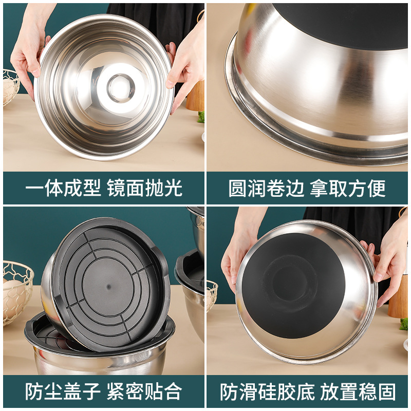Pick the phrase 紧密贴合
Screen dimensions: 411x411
pyautogui.click(x=145, y=392)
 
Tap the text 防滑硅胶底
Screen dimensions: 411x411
pyautogui.click(x=266, y=392)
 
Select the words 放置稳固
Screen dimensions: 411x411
pyautogui.click(x=359, y=392)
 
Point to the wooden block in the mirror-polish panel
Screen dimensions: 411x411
pyautogui.click(x=196, y=98)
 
